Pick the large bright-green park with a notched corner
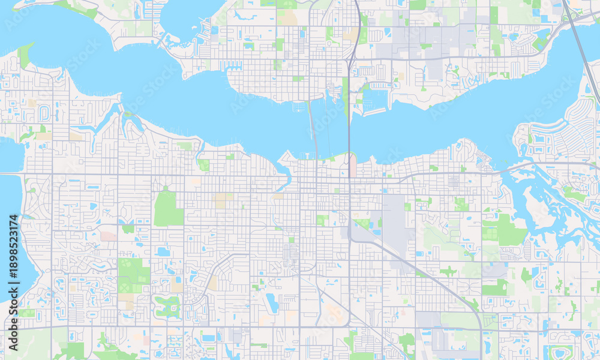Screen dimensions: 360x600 pyautogui.click(x=167, y=208)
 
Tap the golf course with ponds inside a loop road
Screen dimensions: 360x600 pyautogui.click(x=167, y=306)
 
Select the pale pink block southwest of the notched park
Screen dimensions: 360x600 pyautogui.click(x=109, y=236)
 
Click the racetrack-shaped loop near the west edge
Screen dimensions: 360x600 pyautogui.click(x=44, y=113)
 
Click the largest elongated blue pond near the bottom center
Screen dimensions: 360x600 pyautogui.click(x=272, y=303)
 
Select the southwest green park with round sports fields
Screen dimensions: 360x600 pyautogui.click(x=133, y=274)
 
